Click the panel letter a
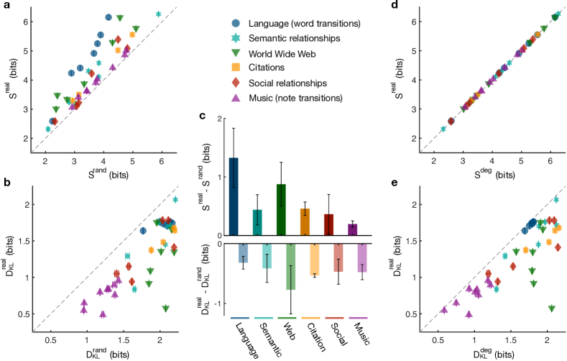click(x=5, y=7)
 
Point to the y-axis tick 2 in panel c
click(x=218, y=118)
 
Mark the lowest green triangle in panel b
click(x=166, y=309)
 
